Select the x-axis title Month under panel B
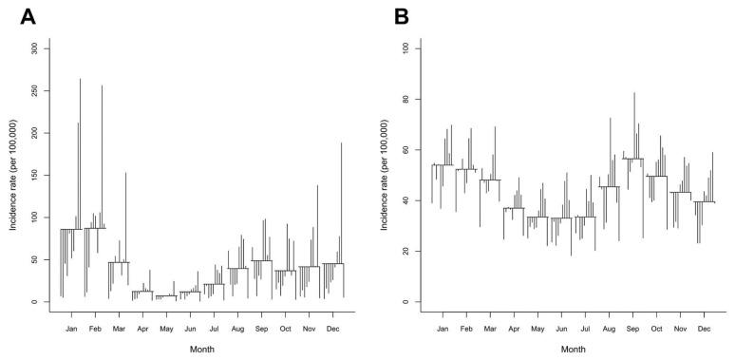pos(573,350)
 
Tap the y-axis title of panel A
pos(12,175)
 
